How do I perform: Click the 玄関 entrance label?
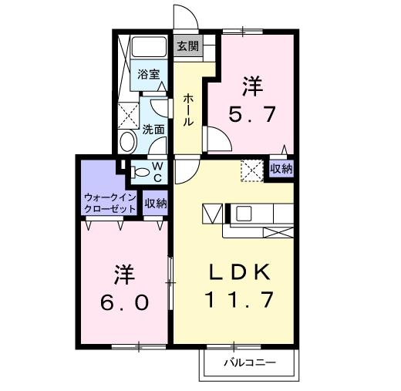187,46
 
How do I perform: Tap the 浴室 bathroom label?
149,75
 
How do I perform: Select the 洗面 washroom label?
153,130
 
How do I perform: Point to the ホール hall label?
189,110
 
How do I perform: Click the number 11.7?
239,299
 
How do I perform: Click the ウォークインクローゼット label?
110,203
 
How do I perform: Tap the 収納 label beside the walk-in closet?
156,204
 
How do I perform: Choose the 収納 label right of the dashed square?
281,169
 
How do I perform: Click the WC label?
156,171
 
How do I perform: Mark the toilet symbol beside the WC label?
138,172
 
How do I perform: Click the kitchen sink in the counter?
243,213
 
